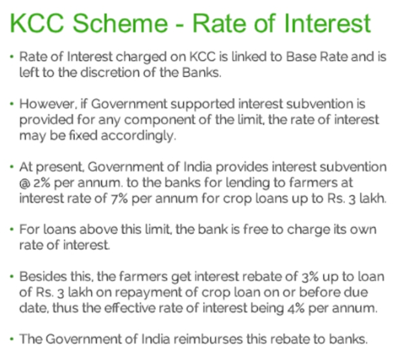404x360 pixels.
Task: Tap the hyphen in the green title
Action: point(180,25)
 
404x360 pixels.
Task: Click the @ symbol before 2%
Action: point(25,183)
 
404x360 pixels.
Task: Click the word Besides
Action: point(43,277)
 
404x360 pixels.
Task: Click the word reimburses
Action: point(208,339)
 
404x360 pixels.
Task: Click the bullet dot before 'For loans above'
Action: point(11,229)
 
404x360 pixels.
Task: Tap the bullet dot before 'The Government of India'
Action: point(11,339)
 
